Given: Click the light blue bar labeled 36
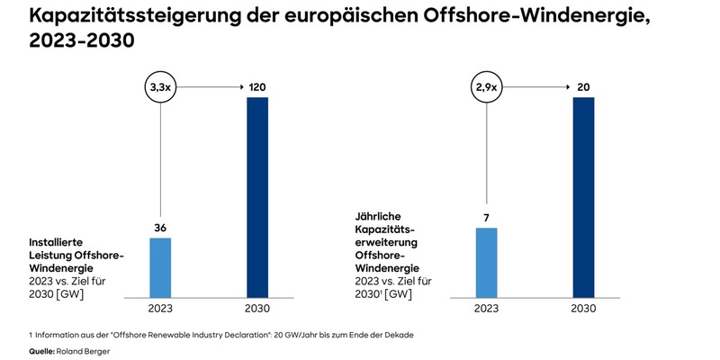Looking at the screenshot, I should coord(159,267).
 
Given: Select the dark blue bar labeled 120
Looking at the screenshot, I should coord(257,196).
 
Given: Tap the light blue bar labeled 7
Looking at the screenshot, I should coord(486,262).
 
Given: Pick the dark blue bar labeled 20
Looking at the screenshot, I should coord(583,196).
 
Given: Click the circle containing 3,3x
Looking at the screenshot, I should coord(159,87).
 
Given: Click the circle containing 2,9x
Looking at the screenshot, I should coord(486,87).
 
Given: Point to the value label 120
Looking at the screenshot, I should coord(257,87).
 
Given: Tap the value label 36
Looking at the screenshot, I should coord(159,229).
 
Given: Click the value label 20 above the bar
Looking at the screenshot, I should coord(583,87).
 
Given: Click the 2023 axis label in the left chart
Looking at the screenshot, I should coord(159,309).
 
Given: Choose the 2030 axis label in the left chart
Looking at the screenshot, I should coord(257,309).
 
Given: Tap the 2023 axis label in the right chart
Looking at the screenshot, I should coord(486,309).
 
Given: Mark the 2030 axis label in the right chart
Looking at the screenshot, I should coord(583,309).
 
